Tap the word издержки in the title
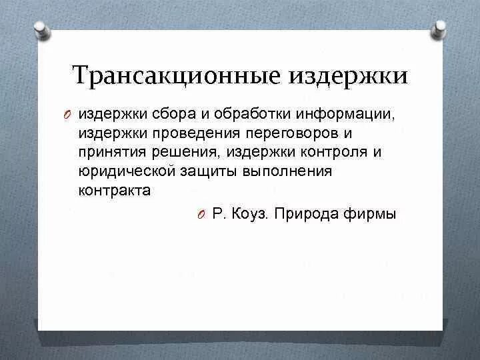coord(348,75)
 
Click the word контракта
coord(114,190)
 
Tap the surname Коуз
coord(252,214)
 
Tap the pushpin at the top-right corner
coord(439,29)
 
